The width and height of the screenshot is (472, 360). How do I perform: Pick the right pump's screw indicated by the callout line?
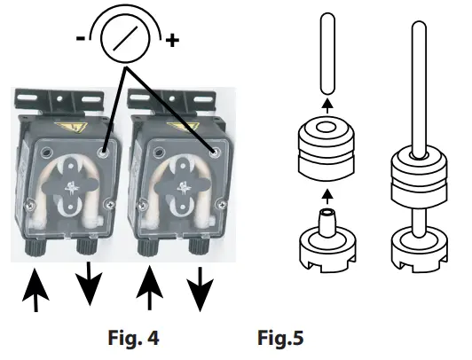[213, 152]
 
